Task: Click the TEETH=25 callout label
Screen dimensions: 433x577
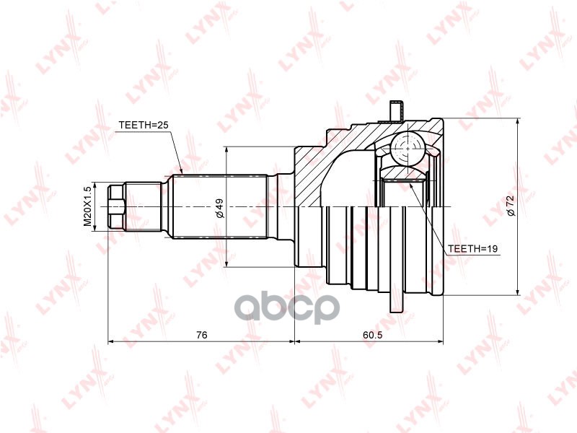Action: click(143, 126)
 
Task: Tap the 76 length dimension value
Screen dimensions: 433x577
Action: click(202, 334)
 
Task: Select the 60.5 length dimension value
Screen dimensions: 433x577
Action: click(372, 334)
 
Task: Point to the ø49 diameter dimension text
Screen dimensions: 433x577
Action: click(220, 208)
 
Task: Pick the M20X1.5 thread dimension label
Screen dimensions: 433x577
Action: click(88, 207)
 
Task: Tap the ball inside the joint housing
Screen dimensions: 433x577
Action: click(407, 149)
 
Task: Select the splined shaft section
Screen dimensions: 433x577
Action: click(220, 207)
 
